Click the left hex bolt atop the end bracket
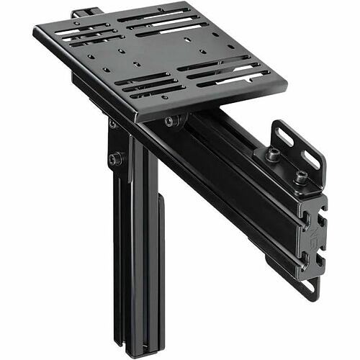click(272, 153)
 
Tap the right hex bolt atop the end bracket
click(300, 175)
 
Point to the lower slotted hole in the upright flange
click(312, 160)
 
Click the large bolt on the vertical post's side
click(114, 158)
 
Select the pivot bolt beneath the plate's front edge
click(170, 122)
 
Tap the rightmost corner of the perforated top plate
click(286, 85)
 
